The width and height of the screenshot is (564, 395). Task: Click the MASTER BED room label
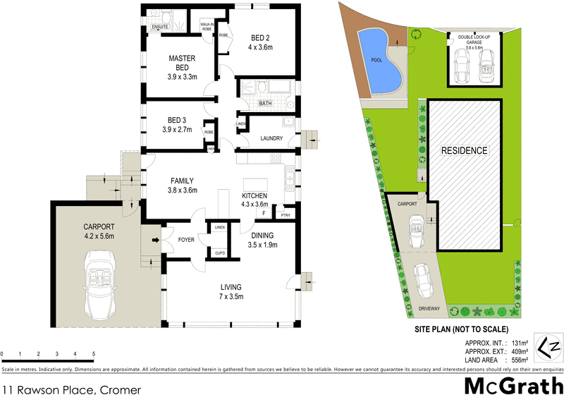click(182, 63)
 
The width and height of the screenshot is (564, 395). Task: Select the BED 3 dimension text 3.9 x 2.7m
click(181, 130)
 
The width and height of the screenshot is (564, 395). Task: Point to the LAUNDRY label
click(271, 138)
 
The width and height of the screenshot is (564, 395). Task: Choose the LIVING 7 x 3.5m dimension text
click(231, 297)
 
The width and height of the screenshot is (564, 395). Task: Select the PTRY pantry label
click(285, 214)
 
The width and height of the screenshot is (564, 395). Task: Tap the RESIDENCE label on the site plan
click(464, 151)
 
